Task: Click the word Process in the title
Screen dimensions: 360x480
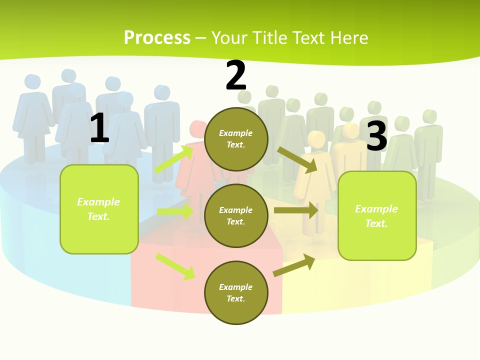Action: tap(157, 37)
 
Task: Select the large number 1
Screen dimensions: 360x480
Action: tap(99, 128)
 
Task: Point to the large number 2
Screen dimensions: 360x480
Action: tap(236, 75)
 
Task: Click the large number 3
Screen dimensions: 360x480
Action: tap(376, 136)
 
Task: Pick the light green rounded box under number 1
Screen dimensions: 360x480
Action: tap(99, 209)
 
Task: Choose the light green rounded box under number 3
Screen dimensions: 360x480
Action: tap(377, 215)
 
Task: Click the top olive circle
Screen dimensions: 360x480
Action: tap(236, 139)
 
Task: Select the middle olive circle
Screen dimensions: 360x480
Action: tap(236, 215)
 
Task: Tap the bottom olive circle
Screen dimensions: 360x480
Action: tap(236, 292)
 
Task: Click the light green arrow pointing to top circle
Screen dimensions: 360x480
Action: tap(174, 158)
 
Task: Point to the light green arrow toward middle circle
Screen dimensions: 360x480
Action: tap(175, 211)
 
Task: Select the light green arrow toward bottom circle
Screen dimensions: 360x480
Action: tap(175, 266)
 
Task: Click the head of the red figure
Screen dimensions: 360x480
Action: tap(198, 128)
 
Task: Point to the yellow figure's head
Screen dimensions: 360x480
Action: tap(316, 138)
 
